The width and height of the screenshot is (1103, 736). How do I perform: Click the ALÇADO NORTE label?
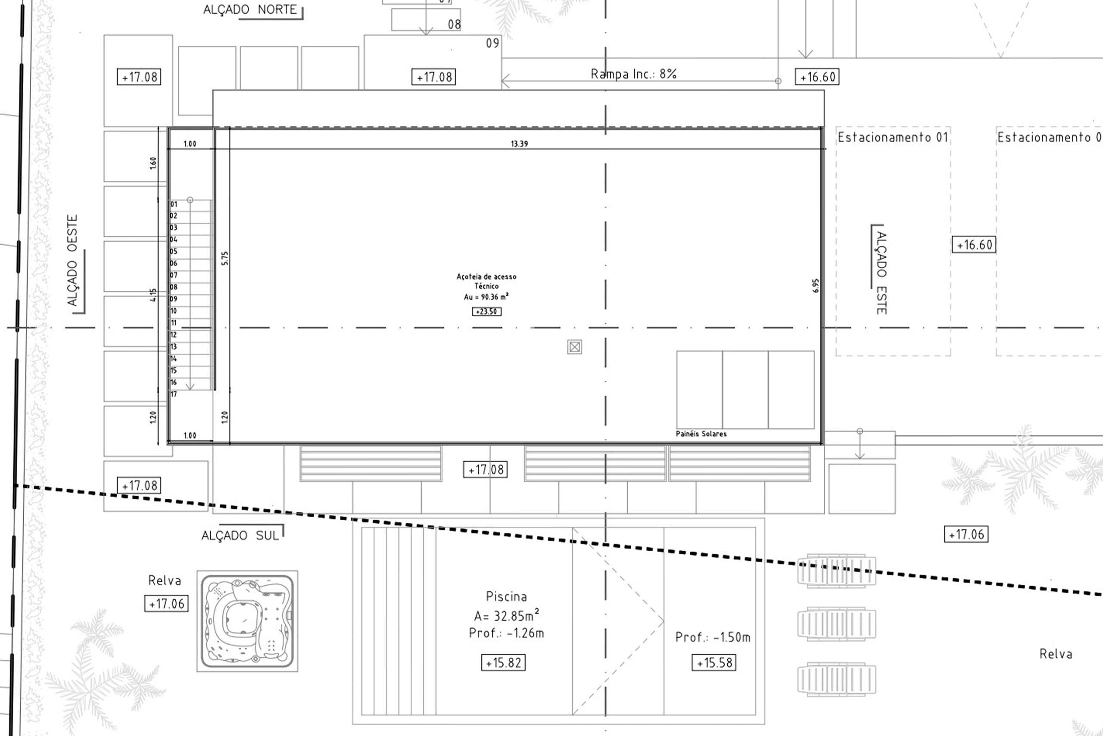tap(250, 9)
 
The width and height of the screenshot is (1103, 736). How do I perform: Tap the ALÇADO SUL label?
tap(240, 536)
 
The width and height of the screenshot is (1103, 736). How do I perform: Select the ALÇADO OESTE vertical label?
tap(72, 261)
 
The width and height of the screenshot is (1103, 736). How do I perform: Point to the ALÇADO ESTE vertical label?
tap(882, 273)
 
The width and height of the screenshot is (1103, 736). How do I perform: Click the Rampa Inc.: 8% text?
tap(633, 74)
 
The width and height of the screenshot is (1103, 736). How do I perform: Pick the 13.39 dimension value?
tap(519, 144)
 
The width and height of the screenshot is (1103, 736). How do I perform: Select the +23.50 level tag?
tap(486, 312)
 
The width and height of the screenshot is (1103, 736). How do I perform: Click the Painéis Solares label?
tap(701, 434)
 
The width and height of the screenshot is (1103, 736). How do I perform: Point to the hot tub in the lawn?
tap(247, 621)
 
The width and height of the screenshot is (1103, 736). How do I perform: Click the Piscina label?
tap(506, 596)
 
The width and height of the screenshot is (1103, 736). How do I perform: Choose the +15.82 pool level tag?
tap(503, 663)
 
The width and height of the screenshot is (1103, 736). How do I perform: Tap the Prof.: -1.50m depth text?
tap(713, 637)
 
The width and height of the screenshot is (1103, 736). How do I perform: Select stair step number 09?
tap(173, 299)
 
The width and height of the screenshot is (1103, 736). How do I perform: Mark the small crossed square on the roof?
tap(575, 347)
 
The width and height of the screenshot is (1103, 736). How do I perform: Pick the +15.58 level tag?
tap(714, 663)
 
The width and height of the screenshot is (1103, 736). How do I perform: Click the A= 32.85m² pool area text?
tap(507, 615)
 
